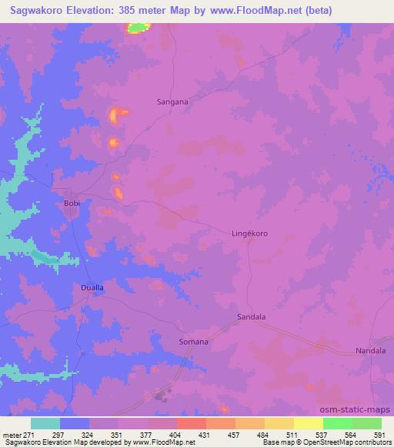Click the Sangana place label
point(172,101)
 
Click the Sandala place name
point(251,316)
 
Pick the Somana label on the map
point(193,341)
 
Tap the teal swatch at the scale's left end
point(45,423)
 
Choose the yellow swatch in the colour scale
point(307,423)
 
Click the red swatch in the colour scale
point(190,423)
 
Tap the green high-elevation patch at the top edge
point(139,28)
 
